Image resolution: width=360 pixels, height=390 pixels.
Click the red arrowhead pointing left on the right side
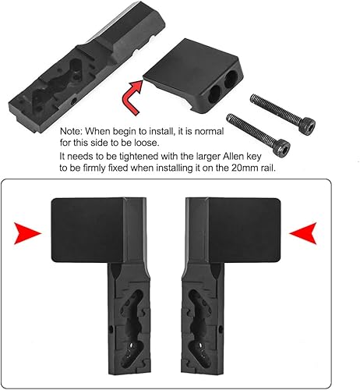(x=302, y=232)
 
